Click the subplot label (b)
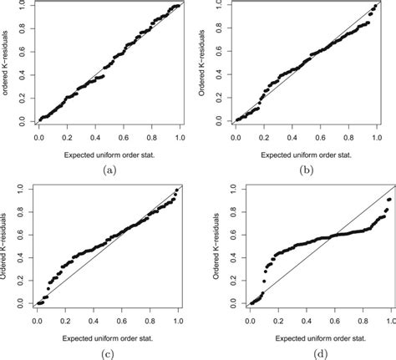pos(306,169)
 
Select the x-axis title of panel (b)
pos(306,154)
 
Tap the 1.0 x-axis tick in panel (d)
pos(390,320)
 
